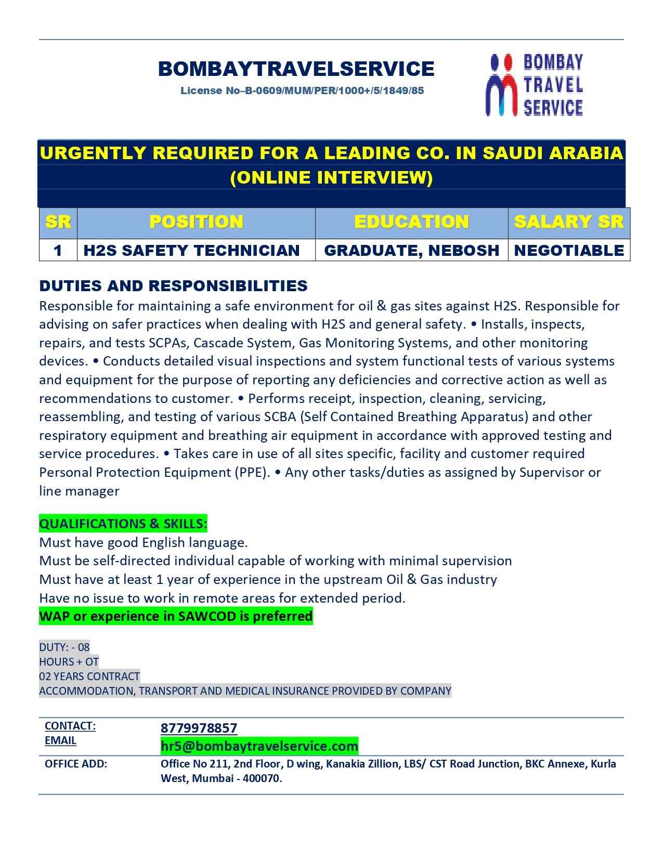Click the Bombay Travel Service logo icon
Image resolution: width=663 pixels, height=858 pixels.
click(501, 85)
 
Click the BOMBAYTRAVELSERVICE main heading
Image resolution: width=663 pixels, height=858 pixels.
click(296, 69)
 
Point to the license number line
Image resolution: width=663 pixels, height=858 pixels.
click(302, 90)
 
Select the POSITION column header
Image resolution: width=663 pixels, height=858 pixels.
click(196, 222)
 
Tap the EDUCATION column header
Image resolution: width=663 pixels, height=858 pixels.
click(411, 222)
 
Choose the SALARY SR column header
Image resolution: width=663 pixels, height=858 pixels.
click(568, 222)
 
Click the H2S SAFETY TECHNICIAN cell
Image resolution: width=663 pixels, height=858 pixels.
click(191, 250)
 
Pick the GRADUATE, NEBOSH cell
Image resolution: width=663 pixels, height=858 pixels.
click(411, 250)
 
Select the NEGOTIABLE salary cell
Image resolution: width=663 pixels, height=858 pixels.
click(568, 250)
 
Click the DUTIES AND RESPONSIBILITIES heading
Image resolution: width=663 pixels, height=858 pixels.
click(173, 285)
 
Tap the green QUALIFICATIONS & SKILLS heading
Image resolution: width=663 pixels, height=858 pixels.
click(123, 524)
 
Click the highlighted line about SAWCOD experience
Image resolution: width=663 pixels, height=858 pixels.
click(176, 616)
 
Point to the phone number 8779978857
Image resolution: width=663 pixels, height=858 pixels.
click(199, 728)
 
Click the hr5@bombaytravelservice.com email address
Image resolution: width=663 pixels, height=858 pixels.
click(259, 746)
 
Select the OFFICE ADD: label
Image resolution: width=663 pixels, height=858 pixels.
click(76, 764)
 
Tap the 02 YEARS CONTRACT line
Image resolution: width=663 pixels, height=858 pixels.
click(89, 676)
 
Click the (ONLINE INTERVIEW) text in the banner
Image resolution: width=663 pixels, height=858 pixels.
click(331, 178)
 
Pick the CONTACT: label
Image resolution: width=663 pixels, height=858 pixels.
click(70, 725)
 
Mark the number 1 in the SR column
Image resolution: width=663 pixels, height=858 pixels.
click(58, 250)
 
